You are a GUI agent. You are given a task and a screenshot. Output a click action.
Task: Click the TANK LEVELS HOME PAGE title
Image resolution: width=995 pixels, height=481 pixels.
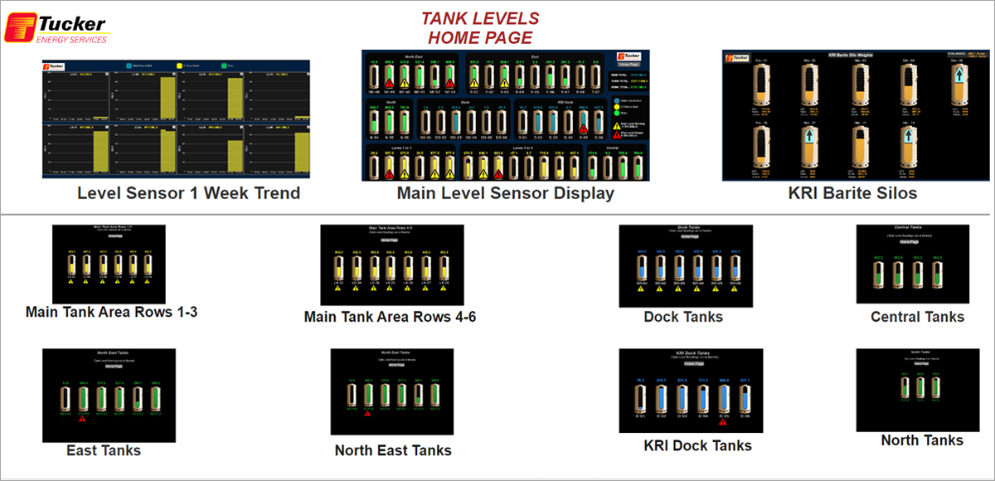point(480,27)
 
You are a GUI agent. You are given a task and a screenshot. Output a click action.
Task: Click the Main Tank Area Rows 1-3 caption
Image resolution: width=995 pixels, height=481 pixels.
point(111,313)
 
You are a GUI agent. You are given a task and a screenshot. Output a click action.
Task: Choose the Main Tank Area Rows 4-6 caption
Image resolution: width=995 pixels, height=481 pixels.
point(390,317)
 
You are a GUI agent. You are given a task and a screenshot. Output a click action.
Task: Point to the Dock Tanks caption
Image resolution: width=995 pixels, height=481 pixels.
point(683,317)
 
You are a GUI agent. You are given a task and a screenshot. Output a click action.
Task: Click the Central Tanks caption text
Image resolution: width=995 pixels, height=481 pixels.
point(917,317)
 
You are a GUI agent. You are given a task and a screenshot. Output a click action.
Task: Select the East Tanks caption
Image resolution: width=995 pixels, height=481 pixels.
point(104,450)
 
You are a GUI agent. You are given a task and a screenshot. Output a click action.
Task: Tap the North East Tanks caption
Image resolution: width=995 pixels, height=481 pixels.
point(393,450)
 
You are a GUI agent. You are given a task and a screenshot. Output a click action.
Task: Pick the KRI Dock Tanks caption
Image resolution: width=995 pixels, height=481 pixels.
point(697,445)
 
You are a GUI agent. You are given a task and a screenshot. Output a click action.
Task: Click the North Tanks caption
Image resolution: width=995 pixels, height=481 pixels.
point(922,440)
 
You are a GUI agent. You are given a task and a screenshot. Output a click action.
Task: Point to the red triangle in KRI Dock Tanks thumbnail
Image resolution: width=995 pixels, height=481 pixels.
point(723,421)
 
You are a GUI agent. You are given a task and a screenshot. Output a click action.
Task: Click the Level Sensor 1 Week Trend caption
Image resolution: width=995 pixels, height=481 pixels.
point(188,194)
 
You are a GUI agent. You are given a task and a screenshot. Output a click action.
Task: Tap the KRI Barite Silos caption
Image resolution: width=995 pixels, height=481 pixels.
point(853,194)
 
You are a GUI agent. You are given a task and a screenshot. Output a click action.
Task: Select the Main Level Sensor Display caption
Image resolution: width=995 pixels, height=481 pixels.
point(505,194)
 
